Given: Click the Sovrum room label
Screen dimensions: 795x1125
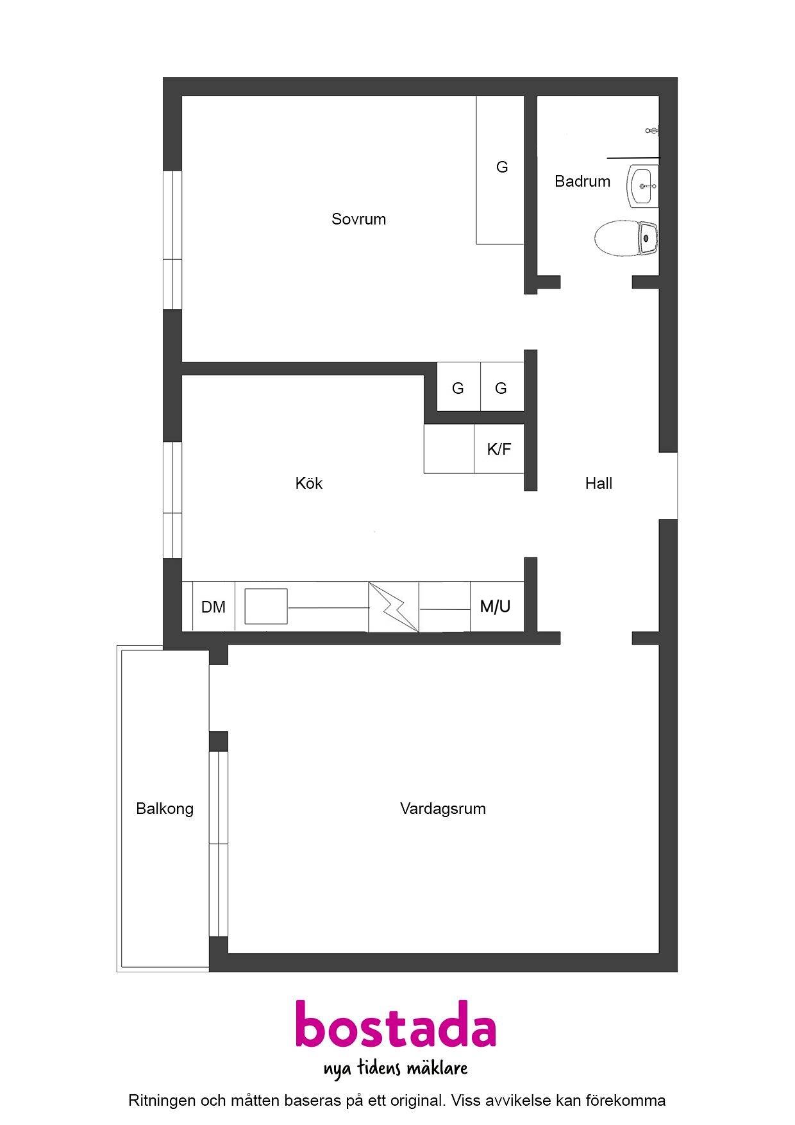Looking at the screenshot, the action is pyautogui.click(x=358, y=219).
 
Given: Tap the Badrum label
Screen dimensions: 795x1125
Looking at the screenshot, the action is pyautogui.click(x=582, y=182).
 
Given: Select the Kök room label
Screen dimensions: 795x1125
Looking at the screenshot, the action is pyautogui.click(x=309, y=483).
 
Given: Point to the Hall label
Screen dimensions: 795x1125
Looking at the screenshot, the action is pyautogui.click(x=598, y=484).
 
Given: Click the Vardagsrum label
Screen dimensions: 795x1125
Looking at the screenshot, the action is pyautogui.click(x=442, y=809).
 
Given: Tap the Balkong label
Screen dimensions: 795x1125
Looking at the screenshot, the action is pyautogui.click(x=165, y=809).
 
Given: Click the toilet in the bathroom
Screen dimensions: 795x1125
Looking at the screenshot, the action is pyautogui.click(x=626, y=238).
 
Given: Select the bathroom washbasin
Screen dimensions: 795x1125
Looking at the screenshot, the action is pyautogui.click(x=642, y=186).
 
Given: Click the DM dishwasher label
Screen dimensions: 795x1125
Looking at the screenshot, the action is pyautogui.click(x=213, y=607).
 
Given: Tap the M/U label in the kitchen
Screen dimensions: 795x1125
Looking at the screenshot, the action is pyautogui.click(x=496, y=606).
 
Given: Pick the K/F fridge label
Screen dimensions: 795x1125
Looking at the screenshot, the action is pyautogui.click(x=499, y=449).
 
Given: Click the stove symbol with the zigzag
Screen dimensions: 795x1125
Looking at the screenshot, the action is pyautogui.click(x=394, y=607).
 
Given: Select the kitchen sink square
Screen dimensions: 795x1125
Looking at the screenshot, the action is pyautogui.click(x=266, y=606).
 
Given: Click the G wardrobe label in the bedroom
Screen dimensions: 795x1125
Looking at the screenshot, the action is pyautogui.click(x=502, y=167).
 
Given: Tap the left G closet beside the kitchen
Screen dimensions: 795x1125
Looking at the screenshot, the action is pyautogui.click(x=458, y=388).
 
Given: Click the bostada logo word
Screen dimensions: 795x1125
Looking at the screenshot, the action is pyautogui.click(x=396, y=1024).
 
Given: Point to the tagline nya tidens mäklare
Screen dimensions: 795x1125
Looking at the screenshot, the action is pyautogui.click(x=396, y=1068).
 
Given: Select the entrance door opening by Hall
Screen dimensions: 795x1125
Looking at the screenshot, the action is pyautogui.click(x=668, y=486).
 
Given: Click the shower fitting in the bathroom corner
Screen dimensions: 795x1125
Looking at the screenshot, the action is pyautogui.click(x=652, y=130).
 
